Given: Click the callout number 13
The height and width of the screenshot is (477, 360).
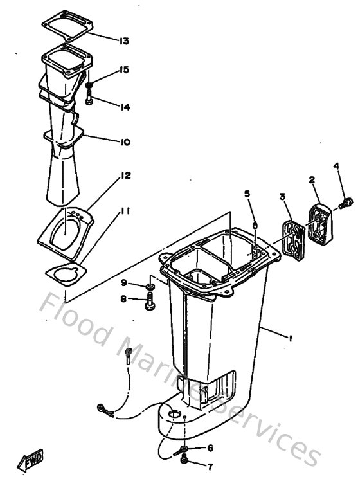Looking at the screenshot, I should [123, 41].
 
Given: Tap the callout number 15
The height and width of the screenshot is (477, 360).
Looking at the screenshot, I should [123, 69].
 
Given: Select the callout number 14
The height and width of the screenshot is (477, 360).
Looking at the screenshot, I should [124, 107].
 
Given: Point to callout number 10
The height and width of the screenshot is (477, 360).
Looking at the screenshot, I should [124, 142].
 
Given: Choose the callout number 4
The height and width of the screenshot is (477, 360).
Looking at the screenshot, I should [336, 166].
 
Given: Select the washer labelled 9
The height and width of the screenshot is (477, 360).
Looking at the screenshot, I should [149, 284].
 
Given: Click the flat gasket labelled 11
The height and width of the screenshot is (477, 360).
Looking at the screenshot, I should [64, 274].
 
